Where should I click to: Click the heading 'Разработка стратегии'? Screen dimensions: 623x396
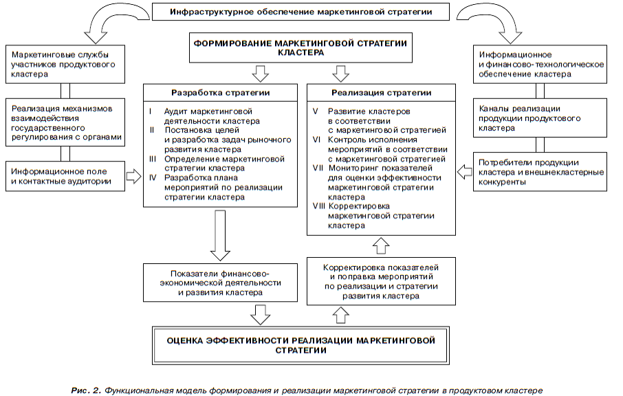221,93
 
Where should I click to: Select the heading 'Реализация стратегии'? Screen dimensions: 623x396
382,93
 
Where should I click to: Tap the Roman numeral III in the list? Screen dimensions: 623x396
153,159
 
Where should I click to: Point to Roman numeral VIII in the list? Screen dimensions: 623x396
318,206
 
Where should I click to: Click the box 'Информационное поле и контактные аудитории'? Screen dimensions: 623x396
65,177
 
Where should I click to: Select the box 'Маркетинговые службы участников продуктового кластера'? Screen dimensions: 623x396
65,65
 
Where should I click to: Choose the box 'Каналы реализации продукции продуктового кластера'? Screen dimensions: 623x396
540,118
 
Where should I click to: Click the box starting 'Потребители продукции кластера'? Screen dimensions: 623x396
540,172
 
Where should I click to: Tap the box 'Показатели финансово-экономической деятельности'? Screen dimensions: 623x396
220,283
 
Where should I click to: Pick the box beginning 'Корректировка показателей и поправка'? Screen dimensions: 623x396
381,281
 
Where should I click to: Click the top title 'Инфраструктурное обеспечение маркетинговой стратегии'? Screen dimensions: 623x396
300,12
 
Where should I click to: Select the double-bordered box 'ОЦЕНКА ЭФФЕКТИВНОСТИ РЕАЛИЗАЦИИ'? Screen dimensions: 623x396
300,346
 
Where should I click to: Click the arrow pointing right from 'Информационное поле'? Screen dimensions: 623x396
134,176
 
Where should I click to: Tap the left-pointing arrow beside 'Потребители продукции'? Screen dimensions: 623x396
464,172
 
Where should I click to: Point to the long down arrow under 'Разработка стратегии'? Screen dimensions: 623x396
220,236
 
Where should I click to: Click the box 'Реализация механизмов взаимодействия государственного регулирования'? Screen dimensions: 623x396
65,122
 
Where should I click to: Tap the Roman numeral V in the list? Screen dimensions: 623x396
315,111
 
